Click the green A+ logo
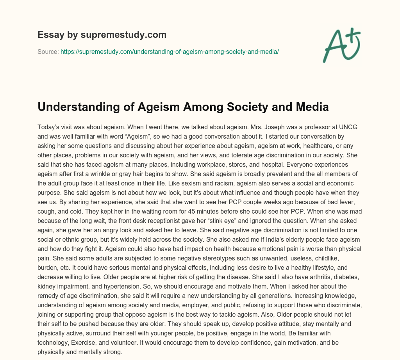[x=341, y=44]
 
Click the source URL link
[x=170, y=52]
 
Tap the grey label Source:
[x=48, y=52]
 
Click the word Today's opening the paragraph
[x=48, y=127]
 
